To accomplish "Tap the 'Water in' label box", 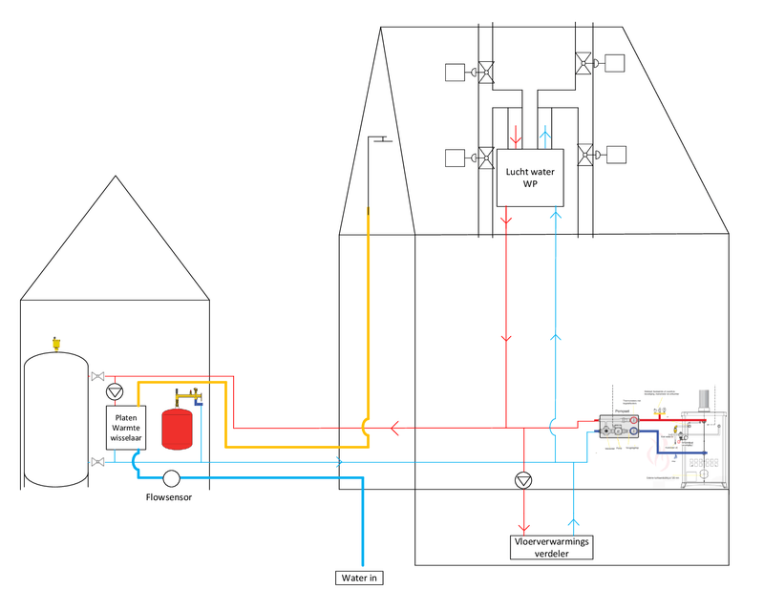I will pyautogui.click(x=363, y=578).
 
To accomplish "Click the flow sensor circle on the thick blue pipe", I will pyautogui.click(x=172, y=478).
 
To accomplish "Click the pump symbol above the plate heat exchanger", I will pyautogui.click(x=115, y=391).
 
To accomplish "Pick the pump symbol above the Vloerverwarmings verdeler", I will pyautogui.click(x=522, y=480).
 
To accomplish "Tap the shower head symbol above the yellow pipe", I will pyautogui.click(x=383, y=140).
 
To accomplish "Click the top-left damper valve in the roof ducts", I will pyautogui.click(x=485, y=71).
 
